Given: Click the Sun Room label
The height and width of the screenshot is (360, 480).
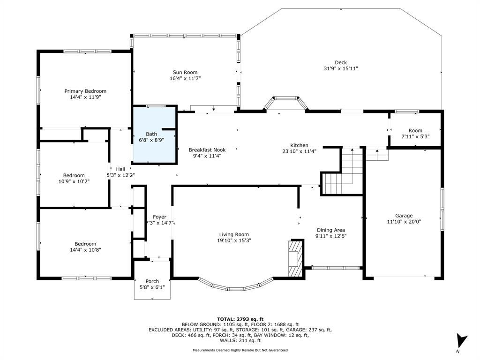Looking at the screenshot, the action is point(185,72).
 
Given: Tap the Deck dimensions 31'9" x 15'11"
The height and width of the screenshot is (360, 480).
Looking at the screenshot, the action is point(341,68).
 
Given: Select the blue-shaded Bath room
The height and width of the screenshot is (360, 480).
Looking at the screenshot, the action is point(155,135).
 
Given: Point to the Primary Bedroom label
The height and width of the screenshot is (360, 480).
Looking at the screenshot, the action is point(85,91).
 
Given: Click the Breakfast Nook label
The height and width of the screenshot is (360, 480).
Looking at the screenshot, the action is point(207,150).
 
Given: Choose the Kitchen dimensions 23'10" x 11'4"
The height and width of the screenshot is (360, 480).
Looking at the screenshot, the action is point(299,151).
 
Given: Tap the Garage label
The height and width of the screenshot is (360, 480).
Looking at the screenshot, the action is point(404,216).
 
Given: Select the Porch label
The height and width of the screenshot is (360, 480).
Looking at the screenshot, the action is point(152,281).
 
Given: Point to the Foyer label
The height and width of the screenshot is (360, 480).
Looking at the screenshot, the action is point(159,217).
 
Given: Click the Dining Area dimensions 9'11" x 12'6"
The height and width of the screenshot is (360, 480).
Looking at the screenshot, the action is point(330,236).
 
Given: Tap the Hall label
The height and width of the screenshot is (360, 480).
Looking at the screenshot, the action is point(120,169).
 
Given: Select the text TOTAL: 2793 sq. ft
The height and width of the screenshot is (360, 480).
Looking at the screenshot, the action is point(240,319).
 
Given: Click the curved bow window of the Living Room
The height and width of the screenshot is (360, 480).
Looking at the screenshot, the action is point(236,285).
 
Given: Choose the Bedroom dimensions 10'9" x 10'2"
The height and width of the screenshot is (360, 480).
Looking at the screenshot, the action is point(74,181).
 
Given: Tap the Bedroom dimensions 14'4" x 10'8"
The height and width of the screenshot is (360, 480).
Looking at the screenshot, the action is point(85,250).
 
